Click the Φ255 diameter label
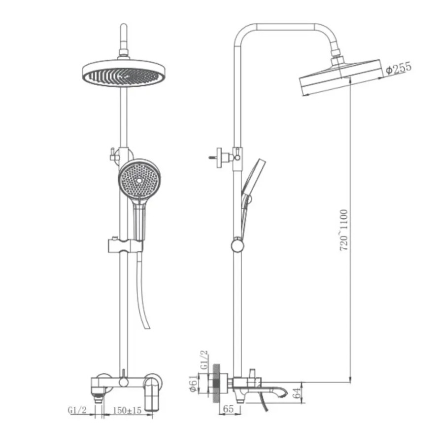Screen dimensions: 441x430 [x=398, y=68]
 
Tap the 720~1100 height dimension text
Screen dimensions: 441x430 [x=344, y=230]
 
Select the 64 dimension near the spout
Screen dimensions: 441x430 [x=297, y=393]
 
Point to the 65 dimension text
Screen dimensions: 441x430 [x=228, y=409]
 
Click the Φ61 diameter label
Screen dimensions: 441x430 [x=193, y=384]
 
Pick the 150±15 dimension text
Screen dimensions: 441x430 [x=127, y=410]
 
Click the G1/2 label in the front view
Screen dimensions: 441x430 [x=77, y=410]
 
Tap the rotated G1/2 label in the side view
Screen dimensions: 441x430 [x=204, y=360]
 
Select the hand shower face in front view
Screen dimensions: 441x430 [x=139, y=178]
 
